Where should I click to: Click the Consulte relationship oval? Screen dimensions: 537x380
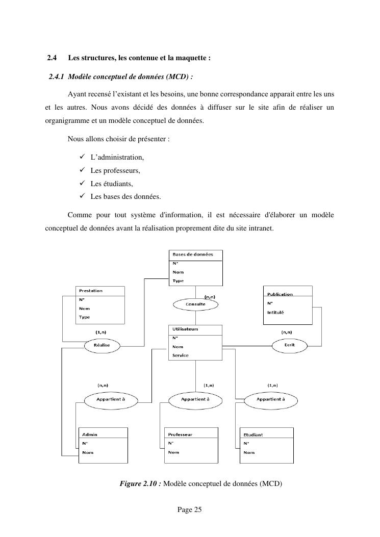click(195, 304)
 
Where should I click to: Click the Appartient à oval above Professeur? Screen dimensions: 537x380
click(195, 400)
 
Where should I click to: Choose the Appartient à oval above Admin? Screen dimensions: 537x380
click(111, 400)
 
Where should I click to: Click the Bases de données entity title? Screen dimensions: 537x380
click(193, 254)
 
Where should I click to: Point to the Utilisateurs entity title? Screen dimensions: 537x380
click(185, 329)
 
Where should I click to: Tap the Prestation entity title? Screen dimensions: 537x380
click(90, 291)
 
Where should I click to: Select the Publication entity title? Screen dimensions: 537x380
click(280, 294)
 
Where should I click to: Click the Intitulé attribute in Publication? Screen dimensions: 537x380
click(275, 312)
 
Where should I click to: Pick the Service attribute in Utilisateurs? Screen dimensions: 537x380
click(180, 355)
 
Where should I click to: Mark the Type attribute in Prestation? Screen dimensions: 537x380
click(84, 317)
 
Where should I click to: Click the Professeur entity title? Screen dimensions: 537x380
click(180, 434)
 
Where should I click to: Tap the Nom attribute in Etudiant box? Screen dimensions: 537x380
click(249, 452)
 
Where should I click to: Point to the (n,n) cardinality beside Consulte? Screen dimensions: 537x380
click(209, 296)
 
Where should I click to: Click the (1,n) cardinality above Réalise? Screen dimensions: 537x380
click(100, 332)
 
